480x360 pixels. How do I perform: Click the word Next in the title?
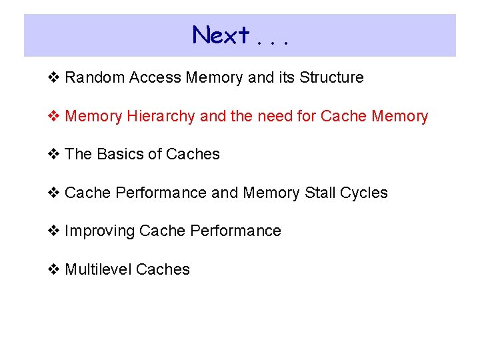[221, 35]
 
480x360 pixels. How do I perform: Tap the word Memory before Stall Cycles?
[271, 193]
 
